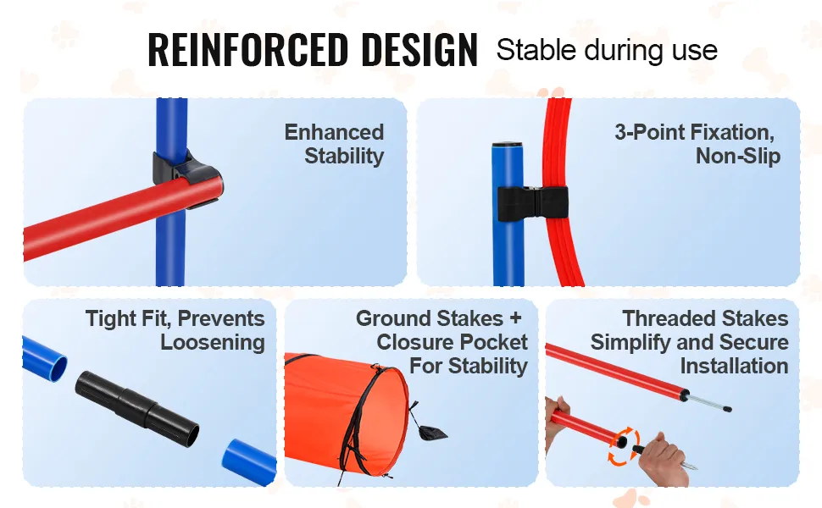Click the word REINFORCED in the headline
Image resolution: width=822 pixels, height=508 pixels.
(248, 50)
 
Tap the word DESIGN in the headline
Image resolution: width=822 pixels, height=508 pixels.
(419, 50)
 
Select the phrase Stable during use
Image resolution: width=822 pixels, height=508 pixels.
(607, 50)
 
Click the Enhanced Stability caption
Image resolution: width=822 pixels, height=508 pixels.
(335, 144)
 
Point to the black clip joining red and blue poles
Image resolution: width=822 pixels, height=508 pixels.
(186, 175)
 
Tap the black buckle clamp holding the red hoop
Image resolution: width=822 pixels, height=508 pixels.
(533, 203)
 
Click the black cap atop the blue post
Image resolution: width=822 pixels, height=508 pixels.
(507, 145)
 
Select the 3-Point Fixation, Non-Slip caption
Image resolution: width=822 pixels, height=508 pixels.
(697, 144)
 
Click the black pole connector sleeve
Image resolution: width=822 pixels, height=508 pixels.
(137, 409)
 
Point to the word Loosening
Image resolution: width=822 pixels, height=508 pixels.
(213, 343)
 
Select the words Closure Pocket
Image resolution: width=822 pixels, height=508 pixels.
(452, 342)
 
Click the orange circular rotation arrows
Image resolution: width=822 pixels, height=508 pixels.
(624, 445)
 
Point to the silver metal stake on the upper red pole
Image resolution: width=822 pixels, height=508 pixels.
(708, 403)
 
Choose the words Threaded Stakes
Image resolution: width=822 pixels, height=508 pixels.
(705, 318)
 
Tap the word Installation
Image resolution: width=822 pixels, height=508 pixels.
(734, 366)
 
